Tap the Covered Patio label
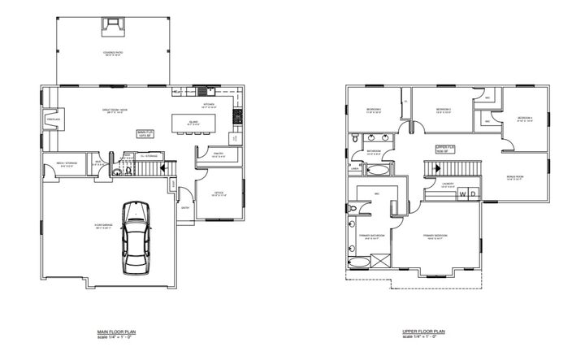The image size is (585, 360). pyautogui.click(x=112, y=54)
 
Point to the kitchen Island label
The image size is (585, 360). pyautogui.click(x=193, y=123)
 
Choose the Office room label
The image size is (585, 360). pyautogui.click(x=219, y=193)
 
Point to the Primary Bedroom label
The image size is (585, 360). pyautogui.click(x=437, y=236)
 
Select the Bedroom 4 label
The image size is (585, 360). pyautogui.click(x=525, y=119)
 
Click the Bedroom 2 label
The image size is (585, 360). pyautogui.click(x=443, y=110)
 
